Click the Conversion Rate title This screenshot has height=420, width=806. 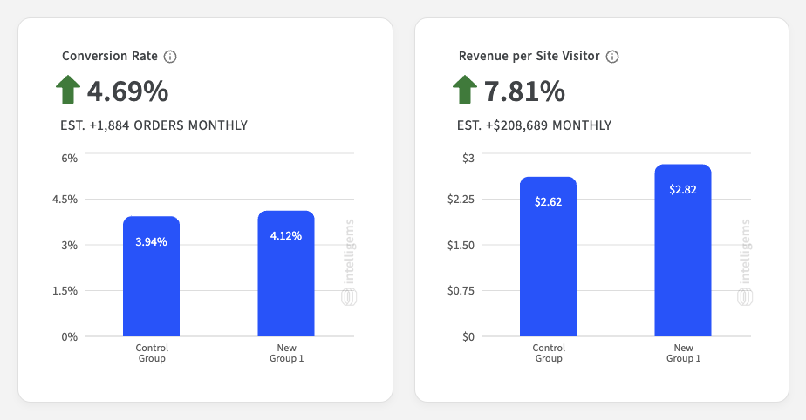point(110,56)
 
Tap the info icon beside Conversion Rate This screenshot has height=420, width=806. point(170,57)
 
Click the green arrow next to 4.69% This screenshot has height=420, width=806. point(68,90)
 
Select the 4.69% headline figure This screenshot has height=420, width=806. point(127,91)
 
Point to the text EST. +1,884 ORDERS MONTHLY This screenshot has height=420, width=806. point(154,125)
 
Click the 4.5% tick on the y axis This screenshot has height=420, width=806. point(65,200)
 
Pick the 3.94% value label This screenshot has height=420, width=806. point(151,242)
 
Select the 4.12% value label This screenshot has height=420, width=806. point(286,235)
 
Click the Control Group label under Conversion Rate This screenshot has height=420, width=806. point(152,353)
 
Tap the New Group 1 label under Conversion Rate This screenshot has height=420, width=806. point(286,353)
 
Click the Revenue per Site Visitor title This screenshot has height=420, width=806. point(529,56)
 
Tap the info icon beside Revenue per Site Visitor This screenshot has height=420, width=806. point(612,57)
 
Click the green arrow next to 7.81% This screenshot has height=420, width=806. point(465,90)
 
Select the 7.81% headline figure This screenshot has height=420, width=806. point(524,91)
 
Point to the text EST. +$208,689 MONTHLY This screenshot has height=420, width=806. point(534,125)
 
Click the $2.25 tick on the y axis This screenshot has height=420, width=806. point(461,200)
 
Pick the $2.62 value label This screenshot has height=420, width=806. point(548,202)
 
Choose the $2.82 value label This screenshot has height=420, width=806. point(683,189)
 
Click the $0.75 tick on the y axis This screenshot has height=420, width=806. point(461,291)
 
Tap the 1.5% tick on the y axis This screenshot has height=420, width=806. point(65,291)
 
